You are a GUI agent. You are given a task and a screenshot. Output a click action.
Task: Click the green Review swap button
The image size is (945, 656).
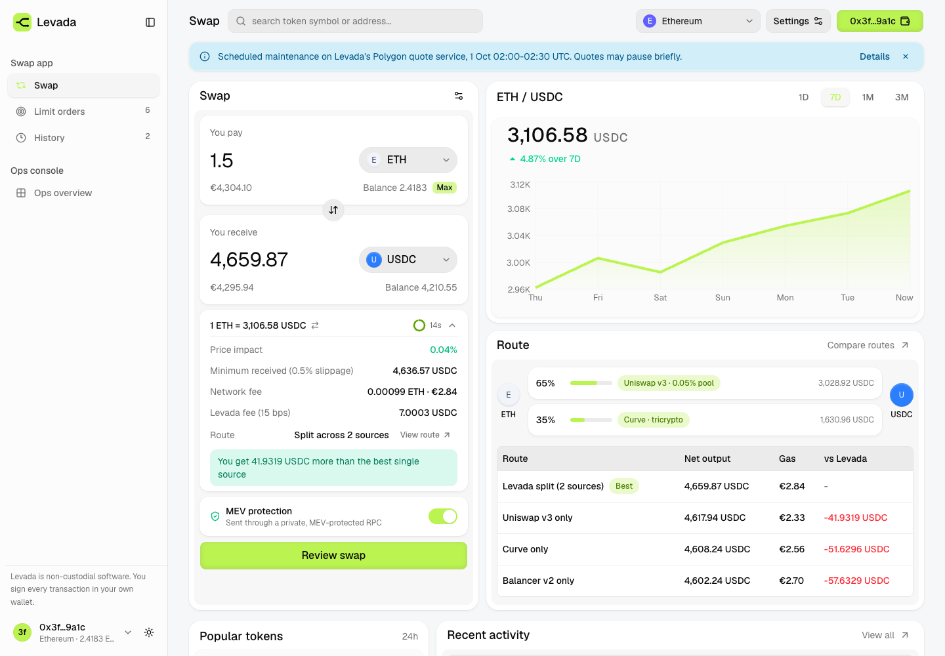coord(333,555)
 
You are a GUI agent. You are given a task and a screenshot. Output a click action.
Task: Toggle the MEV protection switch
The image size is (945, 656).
coord(442,516)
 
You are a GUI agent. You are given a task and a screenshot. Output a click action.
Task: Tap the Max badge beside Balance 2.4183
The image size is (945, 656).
coord(444,188)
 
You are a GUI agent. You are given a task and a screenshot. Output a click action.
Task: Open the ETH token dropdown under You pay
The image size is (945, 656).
coord(408,160)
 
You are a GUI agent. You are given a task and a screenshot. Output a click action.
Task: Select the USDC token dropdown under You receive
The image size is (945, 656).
coord(408,259)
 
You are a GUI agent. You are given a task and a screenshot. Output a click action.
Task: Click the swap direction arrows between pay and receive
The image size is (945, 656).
coord(333,210)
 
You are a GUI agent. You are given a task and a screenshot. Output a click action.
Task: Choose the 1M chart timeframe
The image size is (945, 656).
coord(868,97)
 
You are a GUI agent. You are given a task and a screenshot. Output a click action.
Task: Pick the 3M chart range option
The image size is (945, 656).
coord(902,97)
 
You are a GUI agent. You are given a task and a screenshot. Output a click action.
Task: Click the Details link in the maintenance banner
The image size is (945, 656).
coord(875,56)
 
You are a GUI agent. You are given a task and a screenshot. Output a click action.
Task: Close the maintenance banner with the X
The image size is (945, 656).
coord(906,56)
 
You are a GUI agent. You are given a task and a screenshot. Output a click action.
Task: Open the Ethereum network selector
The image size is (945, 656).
coord(698,21)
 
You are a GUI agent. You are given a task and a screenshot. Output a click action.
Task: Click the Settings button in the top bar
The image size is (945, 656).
coord(798,21)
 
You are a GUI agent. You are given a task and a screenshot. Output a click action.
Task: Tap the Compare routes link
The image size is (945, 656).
coord(868,345)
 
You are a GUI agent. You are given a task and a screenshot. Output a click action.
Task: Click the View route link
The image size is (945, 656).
coord(425,435)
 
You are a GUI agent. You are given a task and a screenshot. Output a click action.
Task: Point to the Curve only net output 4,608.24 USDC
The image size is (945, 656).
coord(717,549)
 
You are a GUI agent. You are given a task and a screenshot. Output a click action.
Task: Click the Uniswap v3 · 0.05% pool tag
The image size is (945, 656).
coord(669,383)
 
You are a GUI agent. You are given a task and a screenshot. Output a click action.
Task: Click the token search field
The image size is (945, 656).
coord(355,21)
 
